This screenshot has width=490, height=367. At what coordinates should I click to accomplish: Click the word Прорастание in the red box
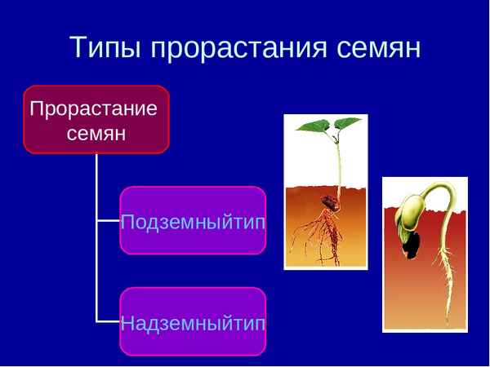coord(93,108)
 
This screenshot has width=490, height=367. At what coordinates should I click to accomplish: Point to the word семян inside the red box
coord(96,133)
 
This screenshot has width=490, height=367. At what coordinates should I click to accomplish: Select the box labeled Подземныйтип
coord(193,221)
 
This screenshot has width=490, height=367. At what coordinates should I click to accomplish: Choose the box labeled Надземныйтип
coord(193,321)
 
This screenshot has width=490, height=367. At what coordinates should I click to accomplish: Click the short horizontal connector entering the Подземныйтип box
coord(108,220)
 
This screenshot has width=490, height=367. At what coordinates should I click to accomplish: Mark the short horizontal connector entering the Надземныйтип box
coord(108,321)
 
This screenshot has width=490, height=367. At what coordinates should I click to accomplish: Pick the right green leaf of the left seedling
coord(347,124)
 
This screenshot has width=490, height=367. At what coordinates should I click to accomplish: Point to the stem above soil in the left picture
coord(337,163)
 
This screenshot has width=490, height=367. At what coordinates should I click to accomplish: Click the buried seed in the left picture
coord(327,202)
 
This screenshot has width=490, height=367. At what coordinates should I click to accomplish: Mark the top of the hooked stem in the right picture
coord(439,188)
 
